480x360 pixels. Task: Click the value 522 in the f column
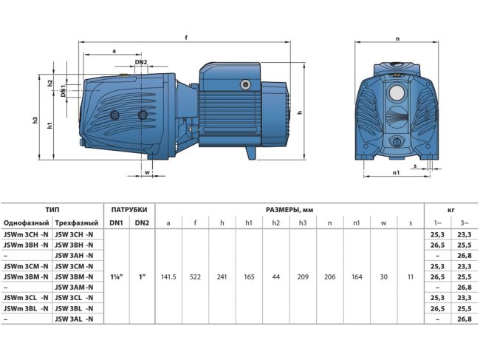[x=195, y=276]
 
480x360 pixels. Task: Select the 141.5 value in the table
[x=168, y=276]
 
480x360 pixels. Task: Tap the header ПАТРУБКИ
[x=129, y=208]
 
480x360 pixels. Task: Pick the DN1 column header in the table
[x=116, y=223]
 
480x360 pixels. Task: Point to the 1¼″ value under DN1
[x=116, y=276]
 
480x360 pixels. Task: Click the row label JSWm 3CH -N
[x=27, y=234]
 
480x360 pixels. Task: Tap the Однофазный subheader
[x=27, y=223]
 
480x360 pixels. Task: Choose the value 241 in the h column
[x=222, y=276]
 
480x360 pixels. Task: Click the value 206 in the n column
[x=329, y=276]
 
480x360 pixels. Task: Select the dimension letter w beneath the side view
[x=148, y=173]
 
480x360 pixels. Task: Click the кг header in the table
[x=450, y=208]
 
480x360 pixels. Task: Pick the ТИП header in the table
[x=52, y=208]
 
